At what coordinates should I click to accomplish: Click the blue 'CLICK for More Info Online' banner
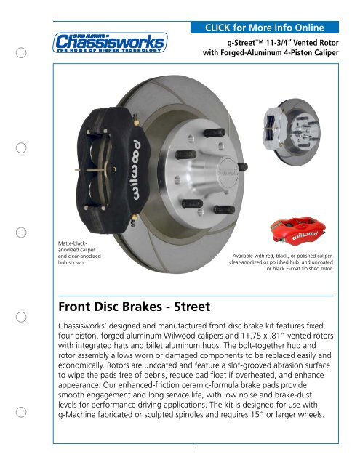tap(270, 28)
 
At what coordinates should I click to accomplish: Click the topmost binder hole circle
tap(23, 54)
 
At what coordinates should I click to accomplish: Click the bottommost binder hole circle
tap(23, 413)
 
